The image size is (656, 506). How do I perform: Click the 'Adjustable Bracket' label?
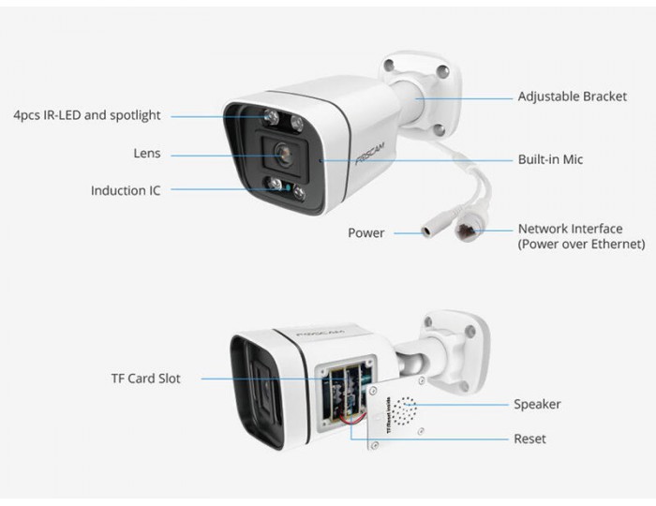click(x=573, y=97)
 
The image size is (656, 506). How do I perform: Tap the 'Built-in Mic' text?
click(x=550, y=159)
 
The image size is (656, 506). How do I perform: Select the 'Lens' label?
click(x=147, y=154)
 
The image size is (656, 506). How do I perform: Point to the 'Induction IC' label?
click(x=126, y=191)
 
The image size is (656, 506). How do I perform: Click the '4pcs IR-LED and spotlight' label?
click(x=87, y=115)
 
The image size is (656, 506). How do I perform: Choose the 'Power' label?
click(x=366, y=233)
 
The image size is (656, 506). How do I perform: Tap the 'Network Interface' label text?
click(x=570, y=229)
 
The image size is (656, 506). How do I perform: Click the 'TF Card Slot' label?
click(x=145, y=379)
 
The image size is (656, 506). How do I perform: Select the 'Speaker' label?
click(x=537, y=405)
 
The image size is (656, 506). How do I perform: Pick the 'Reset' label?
click(x=529, y=439)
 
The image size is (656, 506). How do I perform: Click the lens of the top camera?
click(x=284, y=155)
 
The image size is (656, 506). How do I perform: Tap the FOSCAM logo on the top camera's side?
click(x=370, y=154)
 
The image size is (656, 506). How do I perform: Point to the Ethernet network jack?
click(x=467, y=231)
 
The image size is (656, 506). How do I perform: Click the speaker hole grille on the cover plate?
click(x=404, y=411)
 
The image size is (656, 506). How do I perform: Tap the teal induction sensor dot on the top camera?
click(x=289, y=187)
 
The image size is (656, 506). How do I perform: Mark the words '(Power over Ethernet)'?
click(x=582, y=245)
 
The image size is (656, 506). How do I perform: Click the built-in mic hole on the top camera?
click(x=321, y=160)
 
